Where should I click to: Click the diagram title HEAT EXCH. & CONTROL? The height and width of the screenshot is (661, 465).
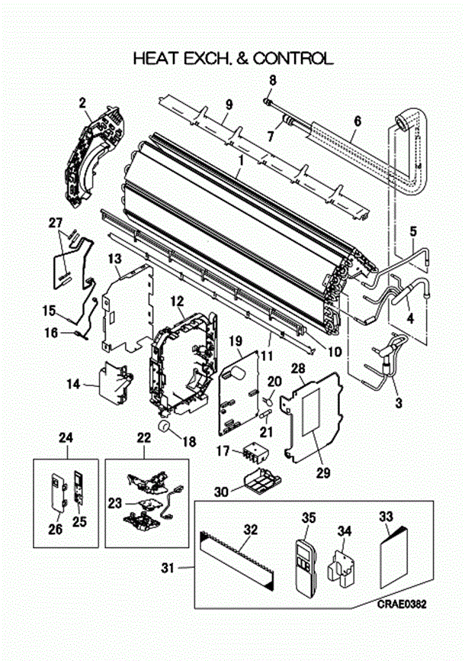click(x=232, y=57)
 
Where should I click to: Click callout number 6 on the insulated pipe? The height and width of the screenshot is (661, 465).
click(x=358, y=120)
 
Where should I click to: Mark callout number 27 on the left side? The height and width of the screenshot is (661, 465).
click(x=55, y=223)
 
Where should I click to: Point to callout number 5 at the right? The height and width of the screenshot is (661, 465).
click(x=412, y=231)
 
